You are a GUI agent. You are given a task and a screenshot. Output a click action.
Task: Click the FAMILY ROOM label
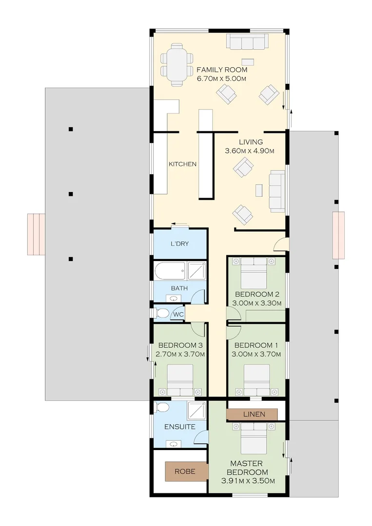[x=222, y=70]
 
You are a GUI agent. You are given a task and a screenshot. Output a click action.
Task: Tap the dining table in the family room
[x=177, y=64]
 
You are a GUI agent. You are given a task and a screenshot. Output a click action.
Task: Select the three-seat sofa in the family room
[x=248, y=42]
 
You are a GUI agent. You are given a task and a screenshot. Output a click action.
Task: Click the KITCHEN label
[x=183, y=164]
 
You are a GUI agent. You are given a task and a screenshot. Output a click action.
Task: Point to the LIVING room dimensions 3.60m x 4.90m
[x=250, y=151]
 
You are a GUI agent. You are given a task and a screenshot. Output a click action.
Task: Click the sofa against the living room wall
[x=277, y=191]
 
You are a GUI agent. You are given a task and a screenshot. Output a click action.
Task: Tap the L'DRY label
[x=179, y=244]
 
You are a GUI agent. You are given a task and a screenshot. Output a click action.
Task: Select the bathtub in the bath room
[x=170, y=271]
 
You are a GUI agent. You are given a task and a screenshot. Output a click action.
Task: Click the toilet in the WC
[x=161, y=313]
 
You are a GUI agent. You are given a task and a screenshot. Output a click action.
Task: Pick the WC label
[x=178, y=314]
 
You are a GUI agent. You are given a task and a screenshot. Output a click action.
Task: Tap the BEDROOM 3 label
[x=180, y=345]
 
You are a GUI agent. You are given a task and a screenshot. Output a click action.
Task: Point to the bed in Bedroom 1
[x=257, y=380]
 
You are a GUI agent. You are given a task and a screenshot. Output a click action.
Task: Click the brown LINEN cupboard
[x=252, y=414]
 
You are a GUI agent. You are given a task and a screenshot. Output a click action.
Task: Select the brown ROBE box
[x=185, y=471]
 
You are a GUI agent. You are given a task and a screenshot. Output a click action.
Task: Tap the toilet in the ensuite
[x=162, y=408]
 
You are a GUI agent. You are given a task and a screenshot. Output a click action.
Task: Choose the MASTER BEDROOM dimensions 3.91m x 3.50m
[x=248, y=481]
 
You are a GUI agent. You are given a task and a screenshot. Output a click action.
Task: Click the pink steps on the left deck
[x=36, y=234]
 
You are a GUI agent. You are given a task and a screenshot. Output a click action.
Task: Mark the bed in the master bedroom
[x=254, y=438]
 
